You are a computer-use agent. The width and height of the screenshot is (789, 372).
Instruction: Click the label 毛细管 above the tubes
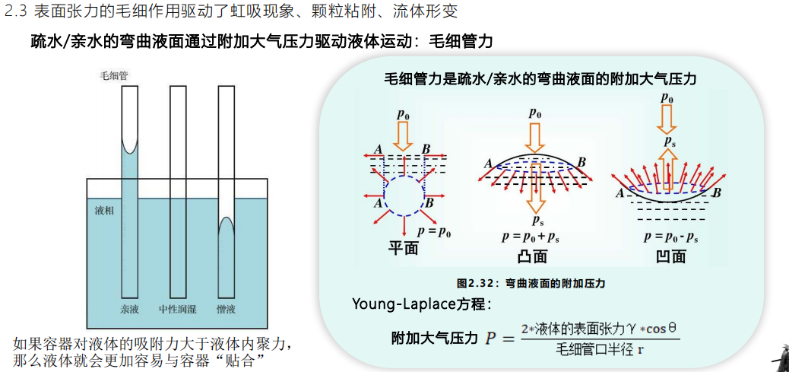point(114,77)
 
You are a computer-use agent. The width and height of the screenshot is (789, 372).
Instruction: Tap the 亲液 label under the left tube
point(129,309)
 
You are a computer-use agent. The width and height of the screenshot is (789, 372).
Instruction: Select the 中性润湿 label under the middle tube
point(177,309)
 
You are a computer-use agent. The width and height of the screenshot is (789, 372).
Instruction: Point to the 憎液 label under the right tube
point(227,309)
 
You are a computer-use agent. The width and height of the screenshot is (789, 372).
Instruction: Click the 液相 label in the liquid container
point(104,211)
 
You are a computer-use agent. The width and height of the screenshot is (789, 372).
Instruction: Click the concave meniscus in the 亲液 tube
point(130,151)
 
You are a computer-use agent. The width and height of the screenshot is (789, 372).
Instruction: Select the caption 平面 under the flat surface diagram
point(404,248)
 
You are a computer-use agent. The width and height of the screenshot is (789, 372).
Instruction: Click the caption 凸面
point(532,256)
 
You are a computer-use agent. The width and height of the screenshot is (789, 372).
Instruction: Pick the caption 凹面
point(671,256)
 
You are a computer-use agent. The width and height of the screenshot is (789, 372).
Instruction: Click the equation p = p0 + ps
point(531,237)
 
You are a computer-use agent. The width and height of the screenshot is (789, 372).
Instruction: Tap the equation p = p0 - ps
point(670,237)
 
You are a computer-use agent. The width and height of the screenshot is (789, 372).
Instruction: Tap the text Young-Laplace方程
point(421,304)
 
